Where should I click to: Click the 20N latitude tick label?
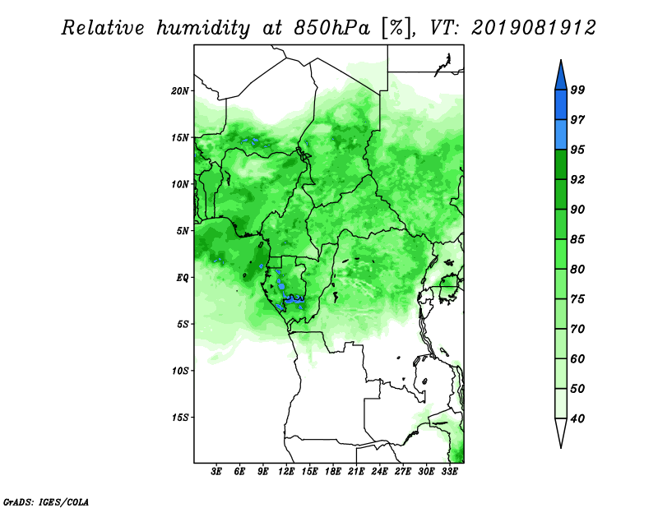pyautogui.click(x=180, y=91)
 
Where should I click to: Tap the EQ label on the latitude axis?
pyautogui.click(x=183, y=278)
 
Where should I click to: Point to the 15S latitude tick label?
pyautogui.click(x=180, y=418)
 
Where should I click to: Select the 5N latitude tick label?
pyautogui.click(x=183, y=231)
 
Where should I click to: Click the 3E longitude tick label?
pyautogui.click(x=216, y=472)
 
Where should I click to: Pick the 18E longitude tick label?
pyautogui.click(x=333, y=472)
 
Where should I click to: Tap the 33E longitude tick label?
pyautogui.click(x=449, y=472)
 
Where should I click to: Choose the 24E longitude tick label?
pyautogui.click(x=379, y=472)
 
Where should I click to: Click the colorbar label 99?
pyautogui.click(x=577, y=90)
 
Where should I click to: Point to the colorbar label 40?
pyautogui.click(x=577, y=418)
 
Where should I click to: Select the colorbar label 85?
pyautogui.click(x=577, y=239)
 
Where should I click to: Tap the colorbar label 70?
pyautogui.click(x=577, y=329)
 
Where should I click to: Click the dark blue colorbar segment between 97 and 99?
pyautogui.click(x=561, y=105)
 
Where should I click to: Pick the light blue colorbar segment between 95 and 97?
pyautogui.click(x=561, y=135)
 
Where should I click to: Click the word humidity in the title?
pyautogui.click(x=203, y=28)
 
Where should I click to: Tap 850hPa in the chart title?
pyautogui.click(x=331, y=28)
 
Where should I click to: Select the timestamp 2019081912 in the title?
pyautogui.click(x=534, y=28)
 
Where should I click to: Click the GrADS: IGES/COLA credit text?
pyautogui.click(x=46, y=501)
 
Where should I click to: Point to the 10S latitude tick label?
pyautogui.click(x=180, y=371)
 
